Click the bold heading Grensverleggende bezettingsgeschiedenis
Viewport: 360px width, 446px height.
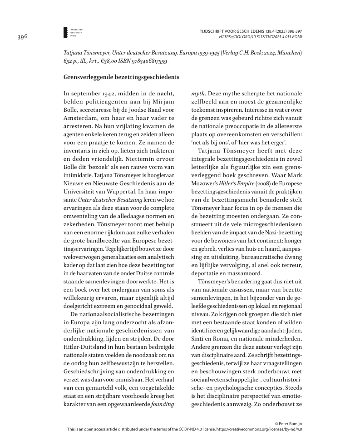tap(121, 77)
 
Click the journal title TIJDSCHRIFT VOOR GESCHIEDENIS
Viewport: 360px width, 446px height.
tap(237, 30)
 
